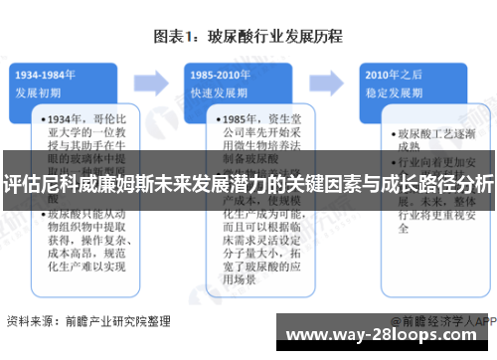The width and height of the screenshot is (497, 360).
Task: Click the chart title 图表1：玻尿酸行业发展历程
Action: (x=248, y=38)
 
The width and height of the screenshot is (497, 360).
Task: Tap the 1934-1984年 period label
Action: (x=46, y=73)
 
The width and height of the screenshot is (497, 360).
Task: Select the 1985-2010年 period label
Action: (x=221, y=73)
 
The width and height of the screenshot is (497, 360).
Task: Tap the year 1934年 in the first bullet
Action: (x=63, y=120)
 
